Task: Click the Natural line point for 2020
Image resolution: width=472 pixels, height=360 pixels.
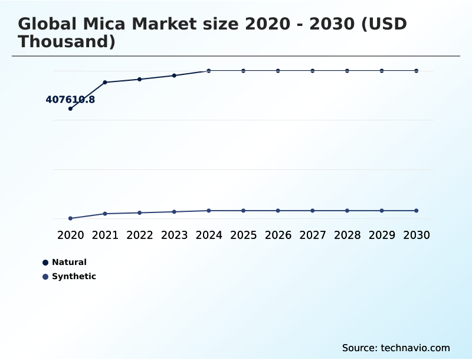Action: [70, 109]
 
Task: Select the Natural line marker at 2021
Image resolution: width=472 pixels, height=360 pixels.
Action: [105, 82]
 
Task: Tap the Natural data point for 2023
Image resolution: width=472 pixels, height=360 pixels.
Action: [174, 76]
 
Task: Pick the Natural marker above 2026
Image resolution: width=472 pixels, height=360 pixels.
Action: [278, 71]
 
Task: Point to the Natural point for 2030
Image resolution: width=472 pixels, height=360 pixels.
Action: [416, 71]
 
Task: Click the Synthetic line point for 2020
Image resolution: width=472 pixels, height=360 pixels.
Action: [70, 218]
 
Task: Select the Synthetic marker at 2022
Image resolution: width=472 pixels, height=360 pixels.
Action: [140, 212]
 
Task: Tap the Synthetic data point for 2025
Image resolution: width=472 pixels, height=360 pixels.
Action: [243, 211]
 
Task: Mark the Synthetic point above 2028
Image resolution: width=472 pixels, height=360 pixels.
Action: [347, 211]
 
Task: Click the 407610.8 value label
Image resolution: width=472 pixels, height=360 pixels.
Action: [70, 100]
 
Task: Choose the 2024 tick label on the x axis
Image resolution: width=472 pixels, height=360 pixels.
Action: [209, 235]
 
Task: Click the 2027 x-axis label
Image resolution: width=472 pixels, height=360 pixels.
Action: [313, 235]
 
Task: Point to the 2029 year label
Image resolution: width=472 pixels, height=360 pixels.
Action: [382, 235]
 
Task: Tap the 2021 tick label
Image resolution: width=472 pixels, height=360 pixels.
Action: [105, 235]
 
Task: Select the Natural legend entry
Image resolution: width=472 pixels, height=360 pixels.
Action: [68, 262]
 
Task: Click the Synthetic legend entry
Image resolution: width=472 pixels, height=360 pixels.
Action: [73, 276]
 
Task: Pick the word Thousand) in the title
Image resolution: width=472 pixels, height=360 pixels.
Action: [66, 42]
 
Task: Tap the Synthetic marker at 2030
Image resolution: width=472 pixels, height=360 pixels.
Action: [416, 211]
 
